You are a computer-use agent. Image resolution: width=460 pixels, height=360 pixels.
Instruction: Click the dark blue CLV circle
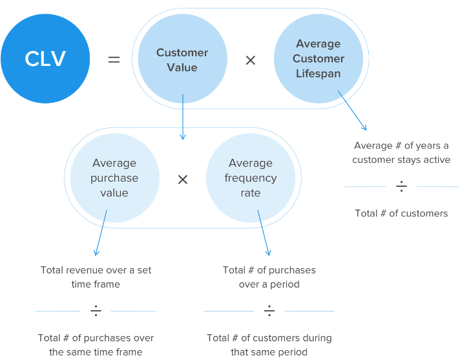tap(46, 59)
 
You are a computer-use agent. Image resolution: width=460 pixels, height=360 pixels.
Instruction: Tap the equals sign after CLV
tap(114, 59)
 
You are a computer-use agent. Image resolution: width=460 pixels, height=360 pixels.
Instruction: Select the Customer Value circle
tap(182, 59)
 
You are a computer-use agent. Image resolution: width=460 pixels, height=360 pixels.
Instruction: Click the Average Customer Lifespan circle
tap(318, 59)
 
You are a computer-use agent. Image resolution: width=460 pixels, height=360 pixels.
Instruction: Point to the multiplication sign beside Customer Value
tap(251, 60)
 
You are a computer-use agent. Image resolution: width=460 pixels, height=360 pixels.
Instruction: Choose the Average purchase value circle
tap(114, 178)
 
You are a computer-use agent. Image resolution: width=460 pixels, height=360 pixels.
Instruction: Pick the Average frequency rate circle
tap(251, 178)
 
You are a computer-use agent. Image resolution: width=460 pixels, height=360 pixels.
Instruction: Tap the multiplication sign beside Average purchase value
tap(183, 179)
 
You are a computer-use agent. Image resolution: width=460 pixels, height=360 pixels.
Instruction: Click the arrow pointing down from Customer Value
tap(183, 117)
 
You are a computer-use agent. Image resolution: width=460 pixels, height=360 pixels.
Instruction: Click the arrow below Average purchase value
tap(101, 233)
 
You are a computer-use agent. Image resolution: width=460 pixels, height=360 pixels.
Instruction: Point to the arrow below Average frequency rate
tap(264, 233)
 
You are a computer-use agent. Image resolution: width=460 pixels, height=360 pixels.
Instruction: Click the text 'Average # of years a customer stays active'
tap(401, 153)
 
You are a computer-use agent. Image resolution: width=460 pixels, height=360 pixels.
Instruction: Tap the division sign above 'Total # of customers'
tap(401, 187)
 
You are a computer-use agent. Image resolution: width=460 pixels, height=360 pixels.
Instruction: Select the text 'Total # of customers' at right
tap(401, 213)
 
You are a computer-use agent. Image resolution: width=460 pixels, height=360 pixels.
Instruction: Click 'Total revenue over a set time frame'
tap(96, 277)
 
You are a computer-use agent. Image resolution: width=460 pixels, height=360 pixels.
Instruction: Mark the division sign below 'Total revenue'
tap(96, 312)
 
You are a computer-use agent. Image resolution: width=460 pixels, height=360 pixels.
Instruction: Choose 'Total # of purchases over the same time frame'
tap(96, 344)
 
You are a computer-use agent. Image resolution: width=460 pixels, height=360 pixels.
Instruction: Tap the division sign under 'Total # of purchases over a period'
tap(269, 312)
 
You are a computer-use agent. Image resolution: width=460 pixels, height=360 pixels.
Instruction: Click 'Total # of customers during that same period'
tap(269, 344)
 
